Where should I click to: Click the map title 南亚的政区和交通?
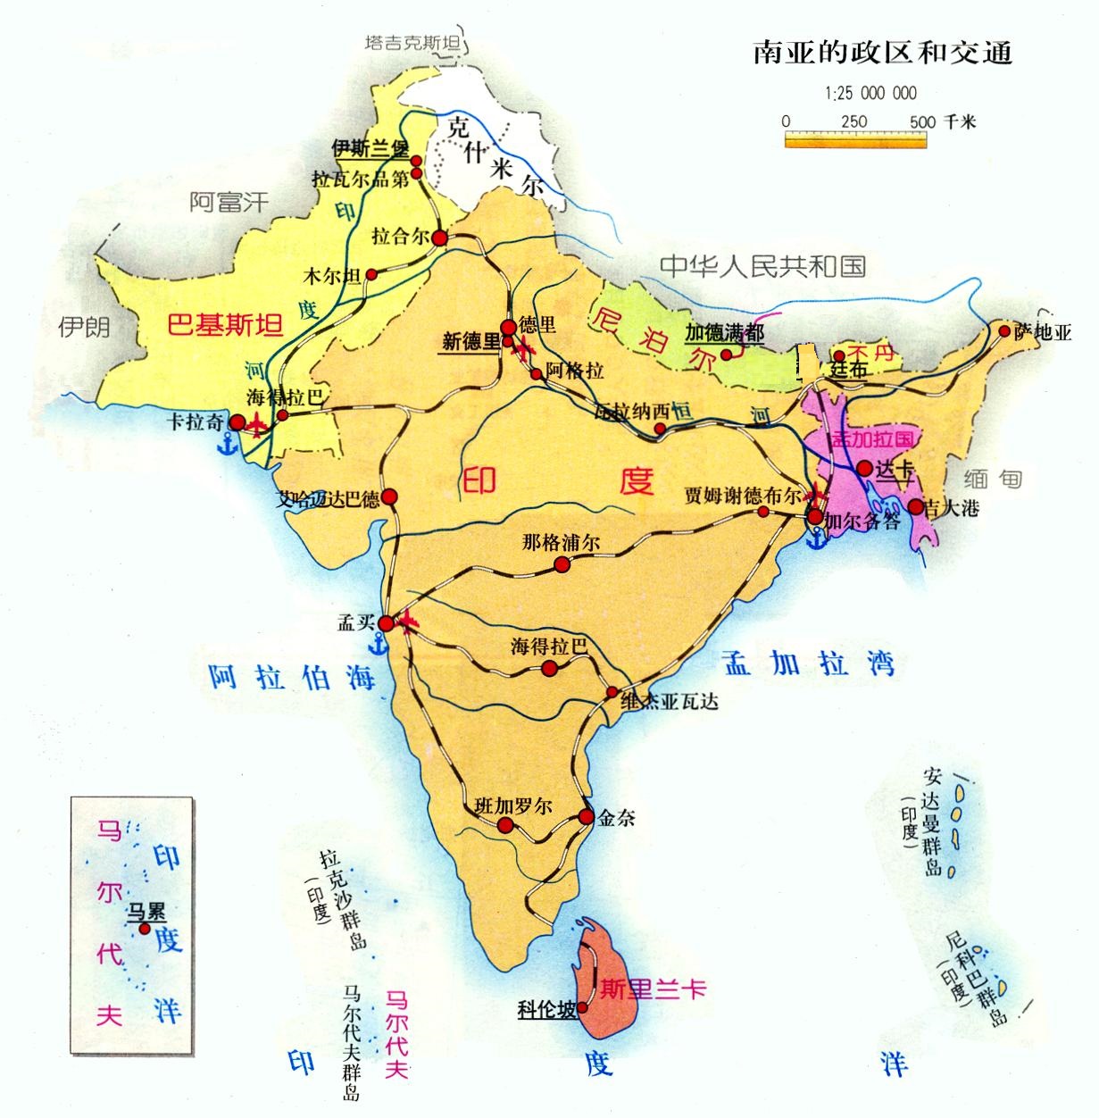click(x=882, y=53)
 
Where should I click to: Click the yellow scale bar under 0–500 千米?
click(x=855, y=139)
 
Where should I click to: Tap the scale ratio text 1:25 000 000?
click(x=870, y=93)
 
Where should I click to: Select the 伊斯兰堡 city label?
click(x=370, y=146)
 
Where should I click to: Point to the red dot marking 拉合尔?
click(x=441, y=237)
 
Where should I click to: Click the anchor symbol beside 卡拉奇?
click(x=229, y=442)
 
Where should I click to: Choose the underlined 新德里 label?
click(x=470, y=341)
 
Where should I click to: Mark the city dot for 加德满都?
click(x=727, y=354)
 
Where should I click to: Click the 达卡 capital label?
click(x=894, y=468)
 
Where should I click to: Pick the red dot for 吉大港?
click(x=916, y=507)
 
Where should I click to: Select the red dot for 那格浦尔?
click(x=562, y=563)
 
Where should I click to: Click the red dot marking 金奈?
click(x=587, y=817)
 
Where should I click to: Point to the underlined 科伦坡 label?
click(x=546, y=1010)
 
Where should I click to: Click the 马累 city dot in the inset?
click(x=144, y=930)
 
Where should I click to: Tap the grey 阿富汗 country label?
click(x=229, y=202)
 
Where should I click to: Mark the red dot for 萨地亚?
click(x=1005, y=330)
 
